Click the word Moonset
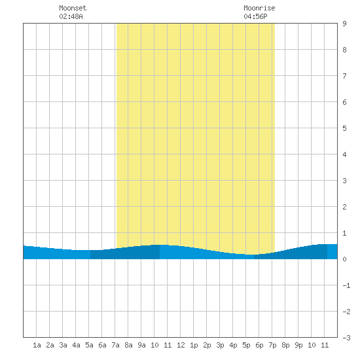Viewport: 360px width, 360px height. pos(73,8)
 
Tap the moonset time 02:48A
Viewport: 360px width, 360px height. pos(71,16)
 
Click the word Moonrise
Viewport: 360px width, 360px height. pos(259,8)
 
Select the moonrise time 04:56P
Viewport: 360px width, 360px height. pos(255,16)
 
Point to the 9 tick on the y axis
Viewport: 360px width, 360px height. pos(344,24)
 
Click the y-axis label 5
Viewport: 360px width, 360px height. pos(344,128)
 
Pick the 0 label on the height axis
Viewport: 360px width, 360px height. pos(344,259)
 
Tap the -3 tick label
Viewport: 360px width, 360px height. pos(346,338)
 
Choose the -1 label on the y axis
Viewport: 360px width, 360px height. pos(346,285)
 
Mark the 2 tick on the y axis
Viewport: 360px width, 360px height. pos(344,207)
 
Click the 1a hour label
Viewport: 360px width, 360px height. pos(37,345)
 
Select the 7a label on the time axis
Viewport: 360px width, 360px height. pos(115,345)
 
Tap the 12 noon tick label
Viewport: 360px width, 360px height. pos(181,345)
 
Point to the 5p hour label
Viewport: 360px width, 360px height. pos(246,345)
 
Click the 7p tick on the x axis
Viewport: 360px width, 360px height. pos(272,345)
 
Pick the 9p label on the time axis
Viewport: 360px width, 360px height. pos(298,345)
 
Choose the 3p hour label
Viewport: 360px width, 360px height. pos(220,345)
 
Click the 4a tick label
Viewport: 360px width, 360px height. pos(76,345)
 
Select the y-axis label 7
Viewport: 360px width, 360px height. pos(344,76)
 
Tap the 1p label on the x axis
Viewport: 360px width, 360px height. pos(194,345)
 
